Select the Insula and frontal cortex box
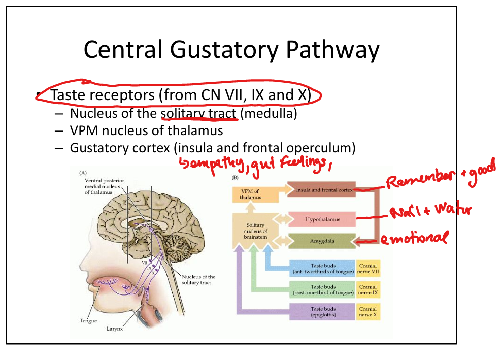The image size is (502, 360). (x=320, y=190)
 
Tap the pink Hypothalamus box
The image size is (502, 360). (x=321, y=219)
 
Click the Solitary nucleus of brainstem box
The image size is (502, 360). (x=255, y=231)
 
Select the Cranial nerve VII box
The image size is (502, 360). (x=368, y=268)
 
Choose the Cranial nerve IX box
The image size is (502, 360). (x=368, y=290)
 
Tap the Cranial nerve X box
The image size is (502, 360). (x=368, y=311)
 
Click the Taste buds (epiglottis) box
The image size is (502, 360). (x=323, y=311)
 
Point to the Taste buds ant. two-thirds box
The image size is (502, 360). (x=323, y=268)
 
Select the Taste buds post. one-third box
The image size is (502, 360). (x=323, y=290)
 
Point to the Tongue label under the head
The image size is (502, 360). (x=88, y=321)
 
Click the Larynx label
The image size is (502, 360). (x=114, y=329)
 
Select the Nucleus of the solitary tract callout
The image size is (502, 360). (x=198, y=279)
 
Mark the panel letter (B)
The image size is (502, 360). (x=235, y=178)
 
